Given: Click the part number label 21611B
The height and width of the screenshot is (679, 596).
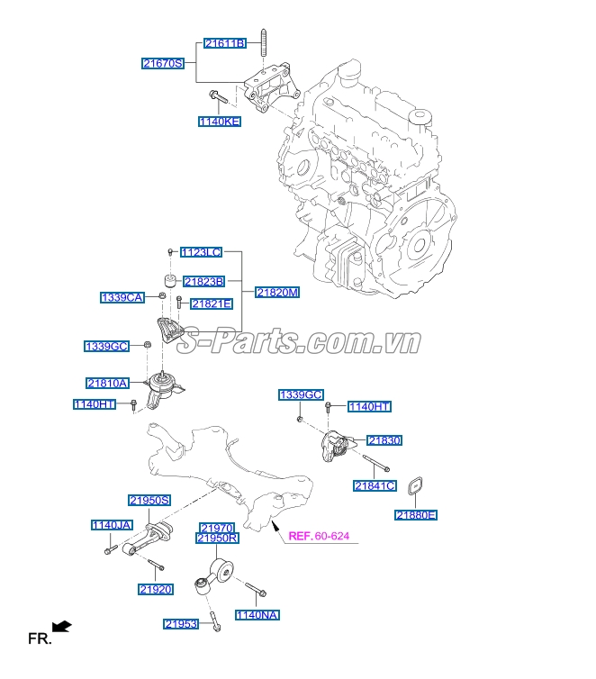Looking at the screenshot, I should [x=224, y=43].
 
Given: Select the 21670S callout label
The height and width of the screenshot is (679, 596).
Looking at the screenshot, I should [x=163, y=63].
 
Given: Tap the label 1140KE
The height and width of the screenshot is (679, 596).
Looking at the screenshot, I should [x=220, y=121].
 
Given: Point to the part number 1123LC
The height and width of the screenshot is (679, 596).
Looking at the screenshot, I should [x=201, y=253].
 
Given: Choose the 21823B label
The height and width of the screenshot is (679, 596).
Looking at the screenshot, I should [x=204, y=282].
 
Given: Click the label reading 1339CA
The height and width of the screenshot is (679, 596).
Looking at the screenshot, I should [x=122, y=296].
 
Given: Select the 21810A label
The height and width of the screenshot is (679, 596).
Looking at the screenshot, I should [x=107, y=383].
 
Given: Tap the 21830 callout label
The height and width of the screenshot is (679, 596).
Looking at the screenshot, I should [x=384, y=440].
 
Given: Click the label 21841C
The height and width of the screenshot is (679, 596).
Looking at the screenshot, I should [x=375, y=486].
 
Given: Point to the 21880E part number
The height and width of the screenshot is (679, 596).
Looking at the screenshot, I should [x=416, y=515].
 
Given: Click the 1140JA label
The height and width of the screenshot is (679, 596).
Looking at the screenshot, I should [x=112, y=525].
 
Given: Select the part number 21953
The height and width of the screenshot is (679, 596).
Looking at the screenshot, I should [x=182, y=623].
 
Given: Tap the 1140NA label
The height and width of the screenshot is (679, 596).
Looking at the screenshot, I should [x=257, y=615].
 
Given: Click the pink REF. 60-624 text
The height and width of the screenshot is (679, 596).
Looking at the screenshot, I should [x=319, y=537].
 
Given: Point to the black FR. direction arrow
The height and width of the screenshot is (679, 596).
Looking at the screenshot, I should [x=62, y=626].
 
